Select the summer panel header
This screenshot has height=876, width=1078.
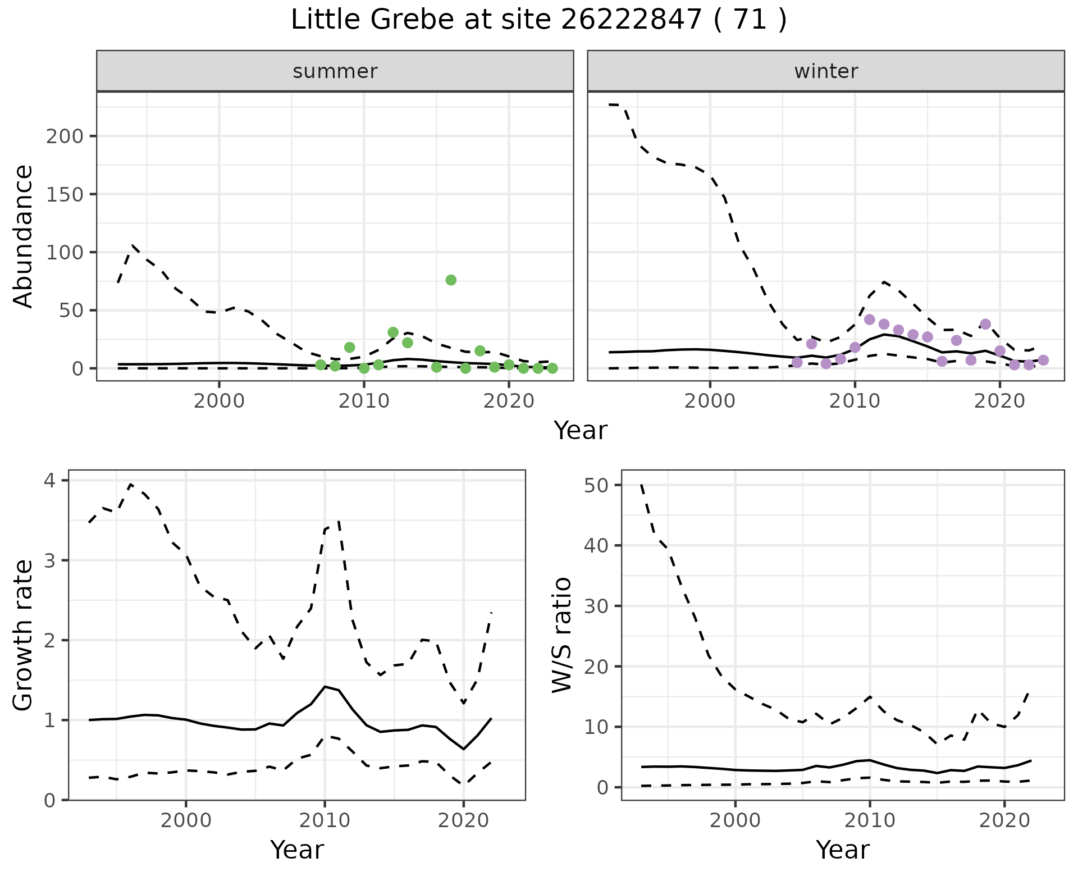pyautogui.click(x=335, y=71)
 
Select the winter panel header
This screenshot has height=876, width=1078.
pyautogui.click(x=825, y=71)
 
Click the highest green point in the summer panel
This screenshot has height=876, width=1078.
pyautogui.click(x=451, y=280)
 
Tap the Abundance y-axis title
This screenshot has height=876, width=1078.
pyautogui.click(x=24, y=236)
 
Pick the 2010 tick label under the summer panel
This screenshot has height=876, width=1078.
pyautogui.click(x=364, y=401)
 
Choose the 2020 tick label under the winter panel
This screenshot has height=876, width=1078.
pyautogui.click(x=999, y=401)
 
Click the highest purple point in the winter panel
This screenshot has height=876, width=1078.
pyautogui.click(x=870, y=320)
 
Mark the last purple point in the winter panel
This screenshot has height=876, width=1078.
pyautogui.click(x=1043, y=360)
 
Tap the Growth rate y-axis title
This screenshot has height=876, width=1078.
pyautogui.click(x=24, y=636)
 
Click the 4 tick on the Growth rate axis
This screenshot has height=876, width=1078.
pyautogui.click(x=50, y=481)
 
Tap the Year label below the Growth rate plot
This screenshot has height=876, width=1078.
pyautogui.click(x=297, y=850)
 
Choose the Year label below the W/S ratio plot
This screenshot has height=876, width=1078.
pyautogui.click(x=843, y=850)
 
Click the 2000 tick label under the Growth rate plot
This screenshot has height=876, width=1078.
pyautogui.click(x=186, y=820)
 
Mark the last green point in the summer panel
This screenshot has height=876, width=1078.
pyautogui.click(x=552, y=368)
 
